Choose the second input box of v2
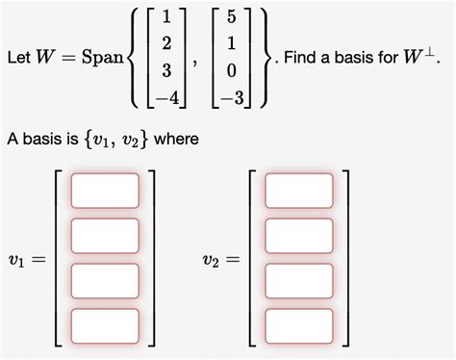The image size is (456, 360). [x=299, y=235]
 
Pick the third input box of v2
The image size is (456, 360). [x=299, y=280]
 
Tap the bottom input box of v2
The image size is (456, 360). [x=299, y=324]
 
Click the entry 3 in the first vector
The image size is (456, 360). [x=168, y=70]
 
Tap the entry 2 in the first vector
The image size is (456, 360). [x=168, y=44]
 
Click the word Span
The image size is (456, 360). [x=102, y=59]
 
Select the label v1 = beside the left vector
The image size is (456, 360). [x=26, y=258]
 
